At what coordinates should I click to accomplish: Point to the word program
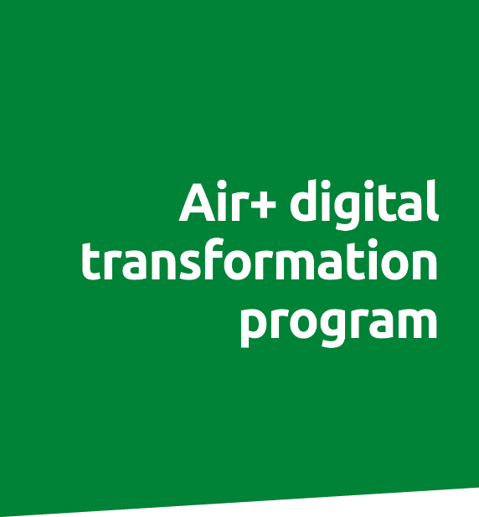(338, 322)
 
